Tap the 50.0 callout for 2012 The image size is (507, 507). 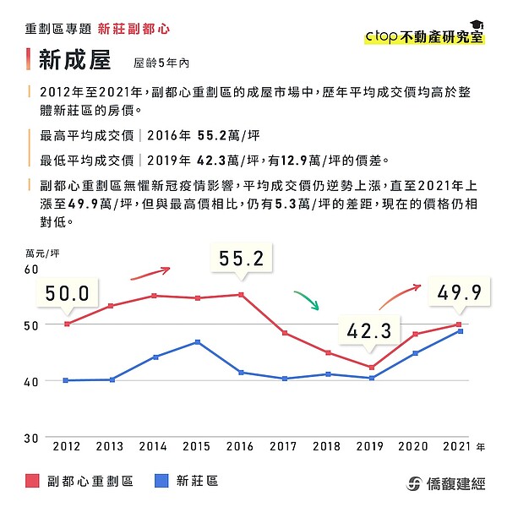[67, 293]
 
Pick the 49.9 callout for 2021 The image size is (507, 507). [460, 292]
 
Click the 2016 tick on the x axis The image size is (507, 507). [240, 445]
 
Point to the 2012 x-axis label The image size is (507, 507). [67, 445]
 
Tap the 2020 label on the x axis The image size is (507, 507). [414, 445]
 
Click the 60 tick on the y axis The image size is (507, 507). [33, 269]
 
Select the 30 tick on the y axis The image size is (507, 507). [33, 437]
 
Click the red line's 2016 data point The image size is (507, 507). [241, 294]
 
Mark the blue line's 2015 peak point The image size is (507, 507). [198, 341]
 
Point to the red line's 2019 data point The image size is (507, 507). [371, 367]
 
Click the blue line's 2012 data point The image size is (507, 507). [67, 380]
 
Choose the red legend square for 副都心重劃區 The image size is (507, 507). [33, 481]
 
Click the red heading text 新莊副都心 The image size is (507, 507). [134, 29]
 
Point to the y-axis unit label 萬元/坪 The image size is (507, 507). [42, 252]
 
